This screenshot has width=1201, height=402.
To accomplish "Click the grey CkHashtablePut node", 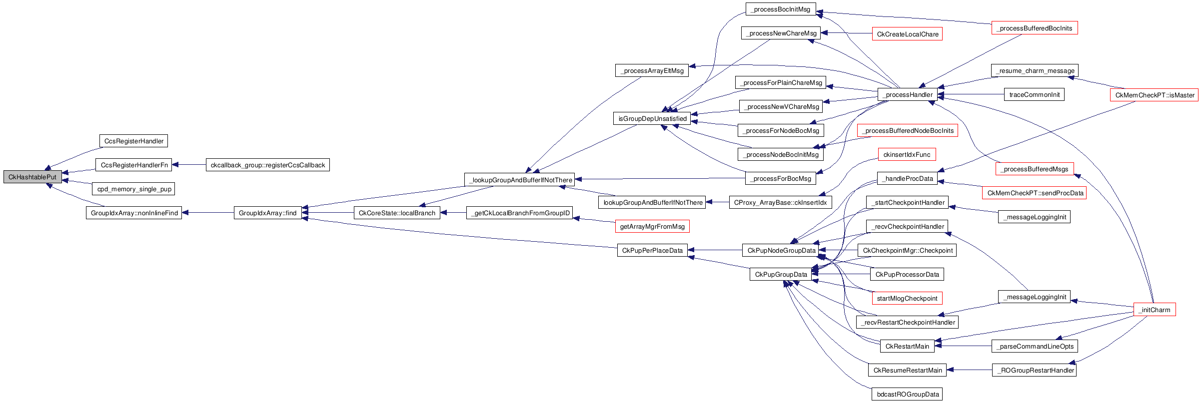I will point(32,177).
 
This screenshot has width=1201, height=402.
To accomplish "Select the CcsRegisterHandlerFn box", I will point(133,165).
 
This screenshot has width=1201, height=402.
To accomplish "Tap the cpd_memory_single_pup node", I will point(134,189).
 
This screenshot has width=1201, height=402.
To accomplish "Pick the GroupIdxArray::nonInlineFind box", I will point(134,213).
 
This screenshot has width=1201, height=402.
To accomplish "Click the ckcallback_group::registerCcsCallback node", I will point(267,165).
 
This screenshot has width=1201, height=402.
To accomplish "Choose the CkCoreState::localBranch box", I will point(397,213).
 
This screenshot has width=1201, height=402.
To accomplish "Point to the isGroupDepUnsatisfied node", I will point(652,118).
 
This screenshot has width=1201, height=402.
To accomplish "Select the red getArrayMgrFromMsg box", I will point(652,226).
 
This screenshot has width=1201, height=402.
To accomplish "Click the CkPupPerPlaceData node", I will point(652,250).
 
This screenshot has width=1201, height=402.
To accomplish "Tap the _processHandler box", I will point(907,94).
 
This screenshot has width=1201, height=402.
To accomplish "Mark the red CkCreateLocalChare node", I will point(907,34).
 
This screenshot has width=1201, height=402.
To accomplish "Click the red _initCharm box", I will point(1155,310).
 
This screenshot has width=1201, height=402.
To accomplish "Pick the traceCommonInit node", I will point(1034,94).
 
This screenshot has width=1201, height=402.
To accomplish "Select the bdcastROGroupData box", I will point(907,394).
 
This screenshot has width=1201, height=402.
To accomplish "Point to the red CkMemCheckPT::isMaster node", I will point(1154,95).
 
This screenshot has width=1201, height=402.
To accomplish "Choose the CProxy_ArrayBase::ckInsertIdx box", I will point(780,202).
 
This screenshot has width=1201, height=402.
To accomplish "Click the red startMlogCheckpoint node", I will point(907,298).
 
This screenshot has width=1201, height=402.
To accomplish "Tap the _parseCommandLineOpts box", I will point(1035,346).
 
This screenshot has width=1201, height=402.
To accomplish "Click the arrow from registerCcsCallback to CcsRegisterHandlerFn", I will point(189,165).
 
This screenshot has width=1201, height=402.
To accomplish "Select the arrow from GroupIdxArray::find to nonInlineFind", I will point(208,213).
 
